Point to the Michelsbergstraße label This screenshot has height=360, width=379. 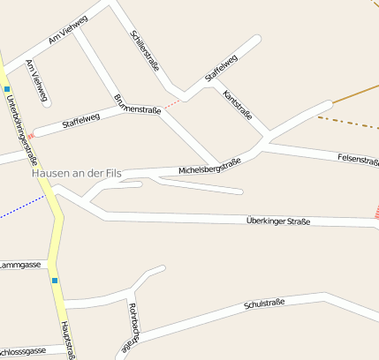point(209,165)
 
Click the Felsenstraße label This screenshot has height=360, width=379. point(358,160)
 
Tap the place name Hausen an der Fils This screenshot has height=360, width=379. point(75,173)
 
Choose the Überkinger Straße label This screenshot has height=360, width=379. point(278,221)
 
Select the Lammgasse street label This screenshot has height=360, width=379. point(20,264)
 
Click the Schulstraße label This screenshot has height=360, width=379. point(263,304)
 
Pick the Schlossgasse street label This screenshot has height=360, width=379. point(23,350)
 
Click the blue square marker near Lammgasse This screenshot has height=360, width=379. point(55,281)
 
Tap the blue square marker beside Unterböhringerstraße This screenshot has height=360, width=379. point(7,89)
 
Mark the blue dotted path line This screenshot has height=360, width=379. point(21,207)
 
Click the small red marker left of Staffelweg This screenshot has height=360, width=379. point(32,136)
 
